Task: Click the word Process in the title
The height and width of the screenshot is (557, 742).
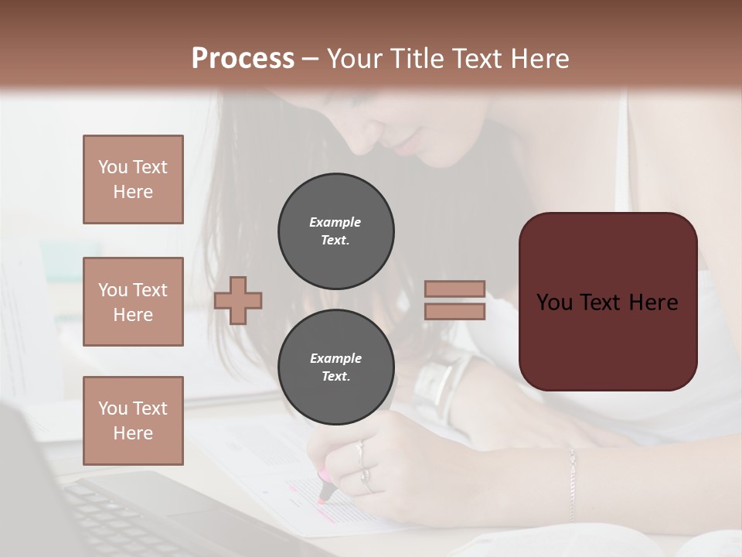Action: tap(243, 58)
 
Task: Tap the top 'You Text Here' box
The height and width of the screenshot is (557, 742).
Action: tap(133, 179)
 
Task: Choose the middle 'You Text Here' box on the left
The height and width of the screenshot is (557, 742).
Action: tap(133, 302)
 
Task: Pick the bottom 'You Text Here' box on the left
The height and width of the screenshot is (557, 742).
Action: tap(133, 421)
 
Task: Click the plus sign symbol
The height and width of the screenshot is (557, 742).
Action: tap(238, 299)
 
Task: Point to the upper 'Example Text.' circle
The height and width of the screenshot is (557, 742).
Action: tap(336, 231)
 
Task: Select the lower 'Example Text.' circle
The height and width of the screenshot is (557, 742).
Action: tap(336, 367)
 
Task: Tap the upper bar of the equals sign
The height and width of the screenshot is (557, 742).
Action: tap(454, 289)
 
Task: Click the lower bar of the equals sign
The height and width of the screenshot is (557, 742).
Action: tap(454, 311)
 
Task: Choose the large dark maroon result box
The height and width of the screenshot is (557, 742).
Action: tap(608, 302)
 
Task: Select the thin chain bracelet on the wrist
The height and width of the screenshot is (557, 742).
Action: tap(573, 484)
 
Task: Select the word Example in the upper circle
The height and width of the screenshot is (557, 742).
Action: tap(335, 222)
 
